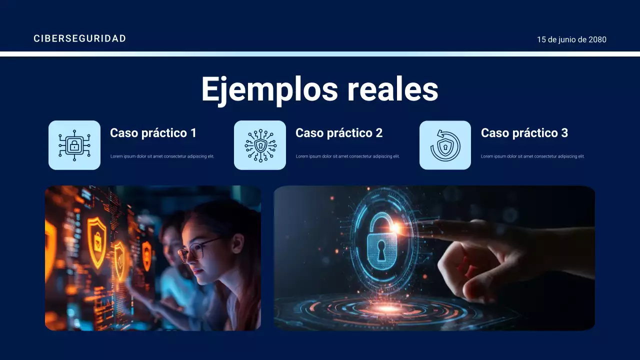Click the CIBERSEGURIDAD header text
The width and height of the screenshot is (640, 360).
pyautogui.click(x=79, y=38)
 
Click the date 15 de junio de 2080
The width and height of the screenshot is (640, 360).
pyautogui.click(x=571, y=39)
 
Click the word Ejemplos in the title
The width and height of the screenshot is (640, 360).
pyautogui.click(x=269, y=89)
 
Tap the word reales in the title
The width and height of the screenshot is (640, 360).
pyautogui.click(x=392, y=89)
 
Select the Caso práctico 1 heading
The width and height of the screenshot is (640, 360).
pyautogui.click(x=153, y=133)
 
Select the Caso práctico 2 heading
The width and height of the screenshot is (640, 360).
pyautogui.click(x=338, y=133)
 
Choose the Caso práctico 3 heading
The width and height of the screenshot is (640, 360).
pyautogui.click(x=524, y=133)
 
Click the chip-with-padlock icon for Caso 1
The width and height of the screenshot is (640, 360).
pyautogui.click(x=74, y=145)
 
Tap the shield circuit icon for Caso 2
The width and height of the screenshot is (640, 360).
pyautogui.click(x=260, y=145)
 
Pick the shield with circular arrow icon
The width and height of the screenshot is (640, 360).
pyautogui.click(x=445, y=145)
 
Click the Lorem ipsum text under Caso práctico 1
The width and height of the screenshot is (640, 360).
pyautogui.click(x=162, y=156)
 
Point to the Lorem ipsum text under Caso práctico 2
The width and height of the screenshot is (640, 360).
pyautogui.click(x=347, y=156)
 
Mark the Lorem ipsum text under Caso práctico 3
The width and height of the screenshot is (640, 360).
pyautogui.click(x=532, y=156)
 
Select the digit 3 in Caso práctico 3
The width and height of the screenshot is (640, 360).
pyautogui.click(x=564, y=133)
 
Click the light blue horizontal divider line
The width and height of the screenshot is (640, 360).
pyautogui.click(x=320, y=54)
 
